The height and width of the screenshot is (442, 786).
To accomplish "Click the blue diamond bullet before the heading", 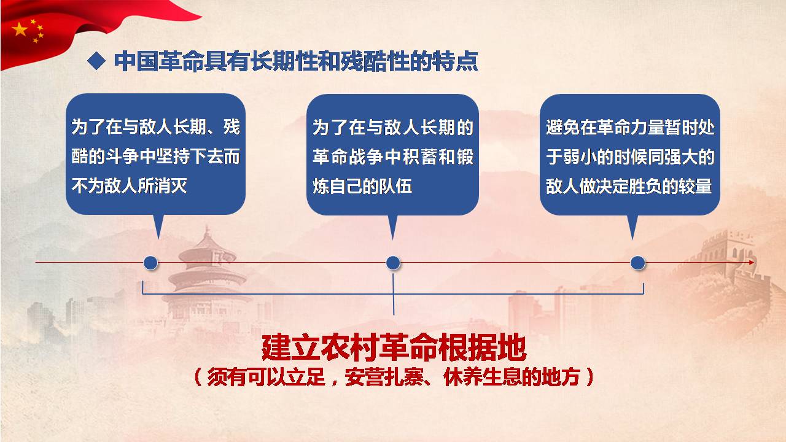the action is coord(96,61).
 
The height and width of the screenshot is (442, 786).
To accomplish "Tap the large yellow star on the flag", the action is coord(20,29).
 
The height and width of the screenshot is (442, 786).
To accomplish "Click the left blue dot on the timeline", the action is coord(150,263).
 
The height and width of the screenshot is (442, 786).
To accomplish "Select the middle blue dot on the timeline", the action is coord(393,263).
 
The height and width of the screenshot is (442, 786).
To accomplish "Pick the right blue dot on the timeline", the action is coord(637,263).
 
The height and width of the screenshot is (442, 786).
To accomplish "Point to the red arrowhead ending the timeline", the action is coord(751,262).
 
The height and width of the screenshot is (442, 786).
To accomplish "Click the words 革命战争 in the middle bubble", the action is coord(348,157).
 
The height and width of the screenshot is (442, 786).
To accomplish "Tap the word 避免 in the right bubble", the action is coord(562,127).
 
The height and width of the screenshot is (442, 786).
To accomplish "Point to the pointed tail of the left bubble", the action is coord(158,239).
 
